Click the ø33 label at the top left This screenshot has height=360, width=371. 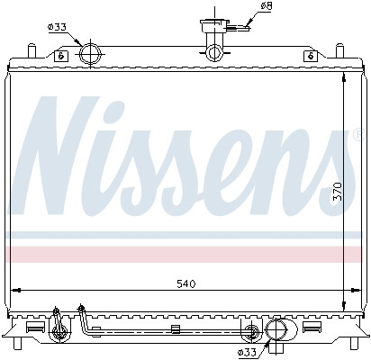pyautogui.click(x=56, y=26)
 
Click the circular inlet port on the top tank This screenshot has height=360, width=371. pyautogui.click(x=90, y=54)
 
